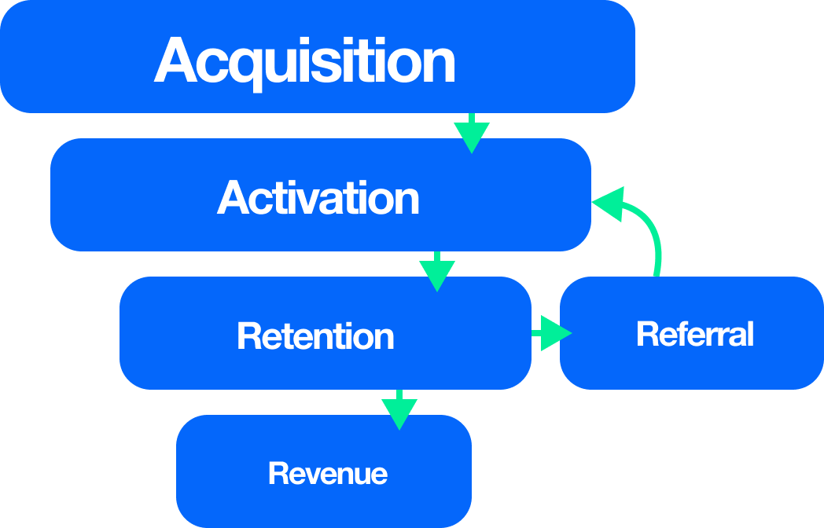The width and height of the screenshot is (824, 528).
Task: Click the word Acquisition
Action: (305, 60)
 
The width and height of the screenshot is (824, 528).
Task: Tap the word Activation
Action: (318, 197)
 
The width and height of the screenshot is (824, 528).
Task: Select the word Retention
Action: (315, 336)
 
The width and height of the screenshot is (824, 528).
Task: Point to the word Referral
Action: (695, 334)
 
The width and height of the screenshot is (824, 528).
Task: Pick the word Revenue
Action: (328, 474)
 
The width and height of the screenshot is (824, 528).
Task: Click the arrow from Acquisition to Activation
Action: (471, 132)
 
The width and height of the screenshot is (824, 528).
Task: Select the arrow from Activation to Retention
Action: (437, 270)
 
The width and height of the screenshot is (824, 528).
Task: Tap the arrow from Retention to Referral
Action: (552, 333)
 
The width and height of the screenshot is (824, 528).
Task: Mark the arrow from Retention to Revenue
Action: (399, 409)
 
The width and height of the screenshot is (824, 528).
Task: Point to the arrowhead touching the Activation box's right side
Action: (607, 204)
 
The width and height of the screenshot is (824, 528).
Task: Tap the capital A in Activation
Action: (233, 197)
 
